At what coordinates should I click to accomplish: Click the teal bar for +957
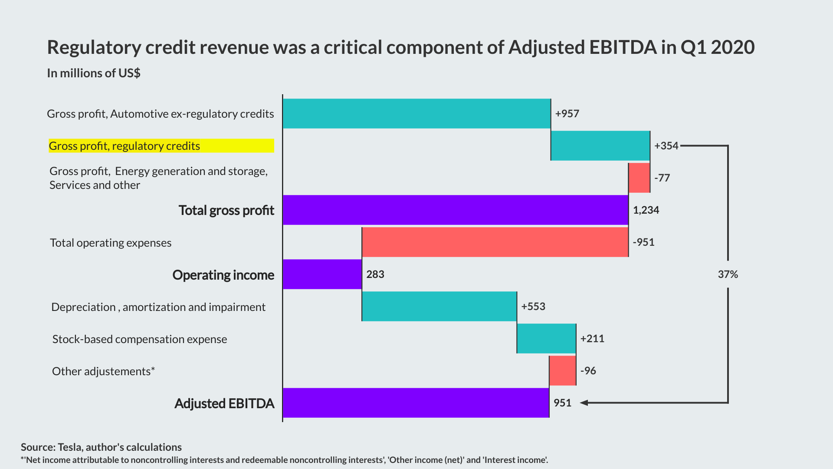click(416, 114)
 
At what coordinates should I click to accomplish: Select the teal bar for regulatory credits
click(600, 146)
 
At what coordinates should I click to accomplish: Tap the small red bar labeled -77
click(639, 178)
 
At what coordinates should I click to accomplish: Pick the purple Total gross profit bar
click(455, 210)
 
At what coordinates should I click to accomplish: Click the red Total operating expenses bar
click(495, 242)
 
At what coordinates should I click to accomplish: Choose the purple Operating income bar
click(322, 274)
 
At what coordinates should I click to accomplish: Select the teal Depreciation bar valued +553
click(439, 307)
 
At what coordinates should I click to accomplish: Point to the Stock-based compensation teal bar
click(546, 339)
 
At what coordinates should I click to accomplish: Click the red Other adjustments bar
click(562, 371)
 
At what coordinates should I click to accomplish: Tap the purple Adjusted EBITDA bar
click(416, 403)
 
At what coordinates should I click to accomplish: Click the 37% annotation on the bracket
click(728, 274)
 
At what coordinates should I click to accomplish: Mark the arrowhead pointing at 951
click(584, 403)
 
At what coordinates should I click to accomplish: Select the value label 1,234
click(646, 210)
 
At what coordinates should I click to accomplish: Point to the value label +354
click(666, 146)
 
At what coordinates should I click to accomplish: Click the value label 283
click(375, 274)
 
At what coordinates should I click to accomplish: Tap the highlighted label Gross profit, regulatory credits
click(125, 146)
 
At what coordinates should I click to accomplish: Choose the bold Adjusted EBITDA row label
click(224, 403)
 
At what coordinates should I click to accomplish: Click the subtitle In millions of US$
click(94, 73)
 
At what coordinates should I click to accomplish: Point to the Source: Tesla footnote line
click(101, 447)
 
